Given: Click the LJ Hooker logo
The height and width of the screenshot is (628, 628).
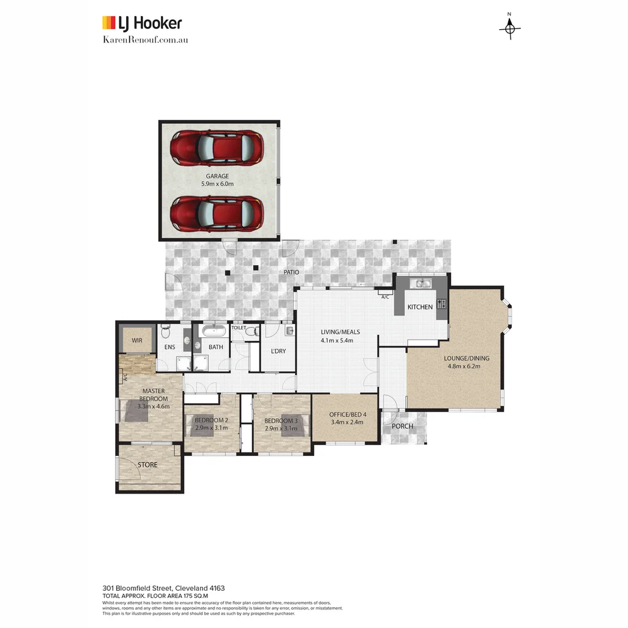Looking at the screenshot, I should click(x=142, y=23).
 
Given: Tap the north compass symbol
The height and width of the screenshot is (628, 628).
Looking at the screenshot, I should click(x=510, y=27).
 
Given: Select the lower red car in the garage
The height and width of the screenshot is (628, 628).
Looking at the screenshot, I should click(x=216, y=213).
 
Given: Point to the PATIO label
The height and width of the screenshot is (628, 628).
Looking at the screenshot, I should click(x=291, y=272).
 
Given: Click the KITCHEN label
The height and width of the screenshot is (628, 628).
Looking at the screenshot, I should click(x=420, y=307).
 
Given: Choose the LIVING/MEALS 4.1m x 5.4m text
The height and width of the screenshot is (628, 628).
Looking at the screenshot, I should click(x=340, y=336).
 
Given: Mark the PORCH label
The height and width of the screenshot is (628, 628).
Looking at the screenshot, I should click(x=402, y=426).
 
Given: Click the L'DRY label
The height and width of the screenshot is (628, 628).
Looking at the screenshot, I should click(x=278, y=351).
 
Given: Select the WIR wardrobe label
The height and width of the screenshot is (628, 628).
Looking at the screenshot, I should click(x=137, y=340).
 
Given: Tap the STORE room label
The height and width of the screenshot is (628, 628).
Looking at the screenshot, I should click(x=147, y=465).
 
